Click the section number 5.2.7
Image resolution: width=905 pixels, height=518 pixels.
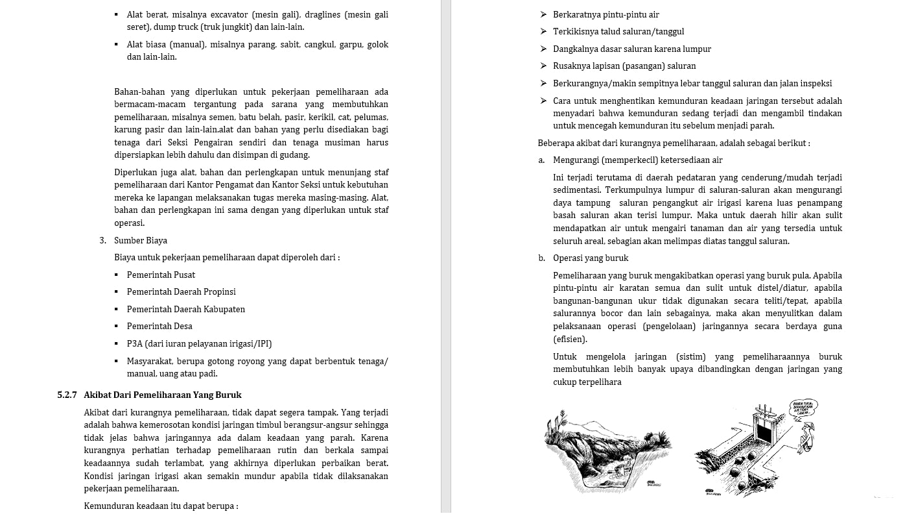click(67, 395)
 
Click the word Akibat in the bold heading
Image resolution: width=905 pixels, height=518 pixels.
click(97, 395)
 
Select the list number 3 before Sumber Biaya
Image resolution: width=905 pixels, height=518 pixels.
click(102, 240)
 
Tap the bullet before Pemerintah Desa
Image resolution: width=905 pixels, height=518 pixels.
click(116, 326)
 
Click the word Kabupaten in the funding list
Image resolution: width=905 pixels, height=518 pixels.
click(224, 309)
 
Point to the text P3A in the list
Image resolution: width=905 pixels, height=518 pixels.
click(134, 343)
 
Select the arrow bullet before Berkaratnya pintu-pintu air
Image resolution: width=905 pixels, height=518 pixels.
click(543, 14)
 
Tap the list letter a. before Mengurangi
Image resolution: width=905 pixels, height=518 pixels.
click(541, 160)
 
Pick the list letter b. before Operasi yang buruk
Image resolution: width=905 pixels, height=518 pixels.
click(541, 258)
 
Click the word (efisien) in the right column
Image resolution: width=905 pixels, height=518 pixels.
click(570, 339)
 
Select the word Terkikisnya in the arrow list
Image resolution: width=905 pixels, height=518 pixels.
click(576, 31)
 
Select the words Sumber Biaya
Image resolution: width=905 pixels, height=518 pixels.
click(141, 240)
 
